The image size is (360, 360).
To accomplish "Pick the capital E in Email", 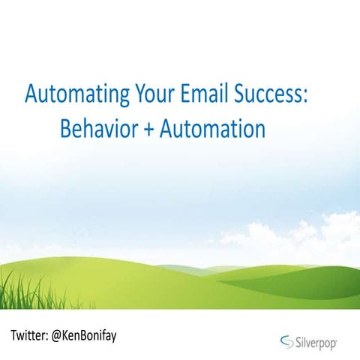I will point(186,97).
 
